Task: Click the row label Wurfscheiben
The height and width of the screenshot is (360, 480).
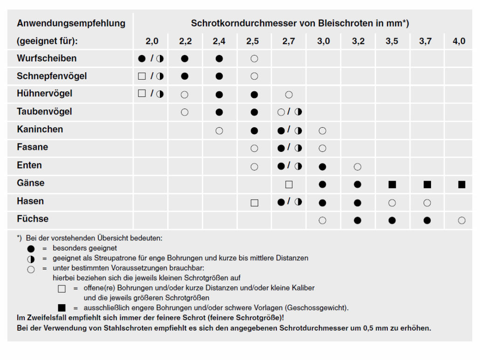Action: pyautogui.click(x=47, y=58)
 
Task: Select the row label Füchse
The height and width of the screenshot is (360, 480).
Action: pyautogui.click(x=33, y=218)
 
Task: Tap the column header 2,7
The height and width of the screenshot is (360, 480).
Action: pyautogui.click(x=288, y=41)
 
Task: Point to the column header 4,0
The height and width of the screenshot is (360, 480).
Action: pyautogui.click(x=459, y=41)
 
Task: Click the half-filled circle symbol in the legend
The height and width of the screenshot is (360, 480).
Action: pyautogui.click(x=31, y=258)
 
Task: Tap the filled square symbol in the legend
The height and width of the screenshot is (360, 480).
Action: pyautogui.click(x=62, y=308)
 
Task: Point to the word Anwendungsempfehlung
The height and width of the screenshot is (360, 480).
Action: pyautogui.click(x=71, y=23)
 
